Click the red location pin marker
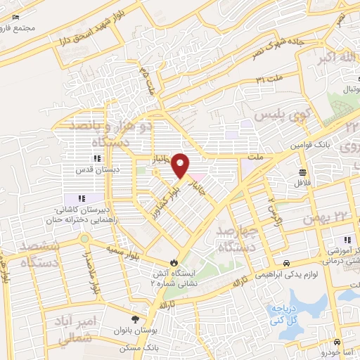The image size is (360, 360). click(x=181, y=165)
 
